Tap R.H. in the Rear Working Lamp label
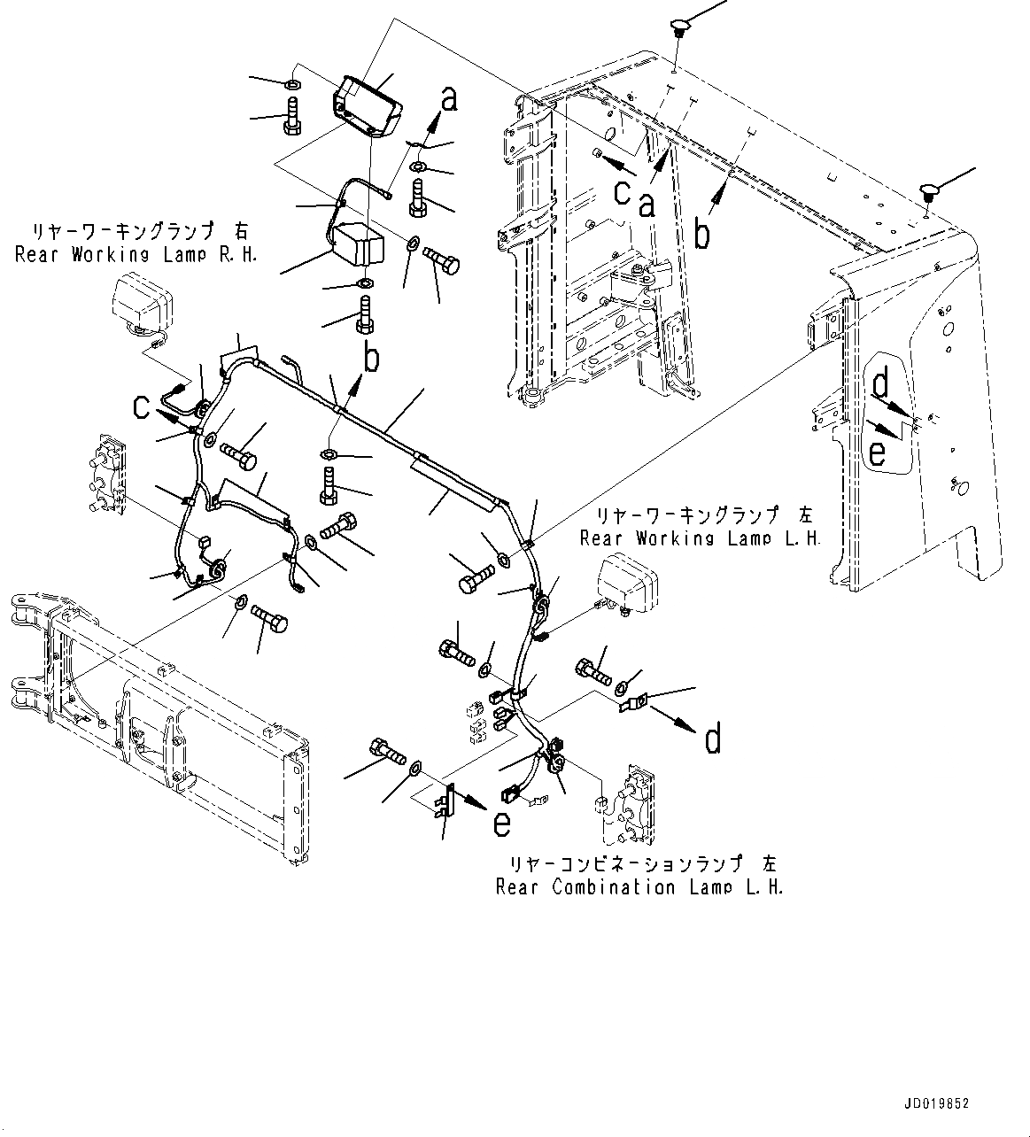click(x=238, y=254)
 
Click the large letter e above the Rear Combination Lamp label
click(x=501, y=824)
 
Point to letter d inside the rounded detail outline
click(x=882, y=386)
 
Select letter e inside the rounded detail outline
click(x=877, y=453)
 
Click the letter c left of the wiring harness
click(x=142, y=406)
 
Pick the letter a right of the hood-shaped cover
click(x=449, y=100)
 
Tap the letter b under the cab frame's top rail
click(x=701, y=235)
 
